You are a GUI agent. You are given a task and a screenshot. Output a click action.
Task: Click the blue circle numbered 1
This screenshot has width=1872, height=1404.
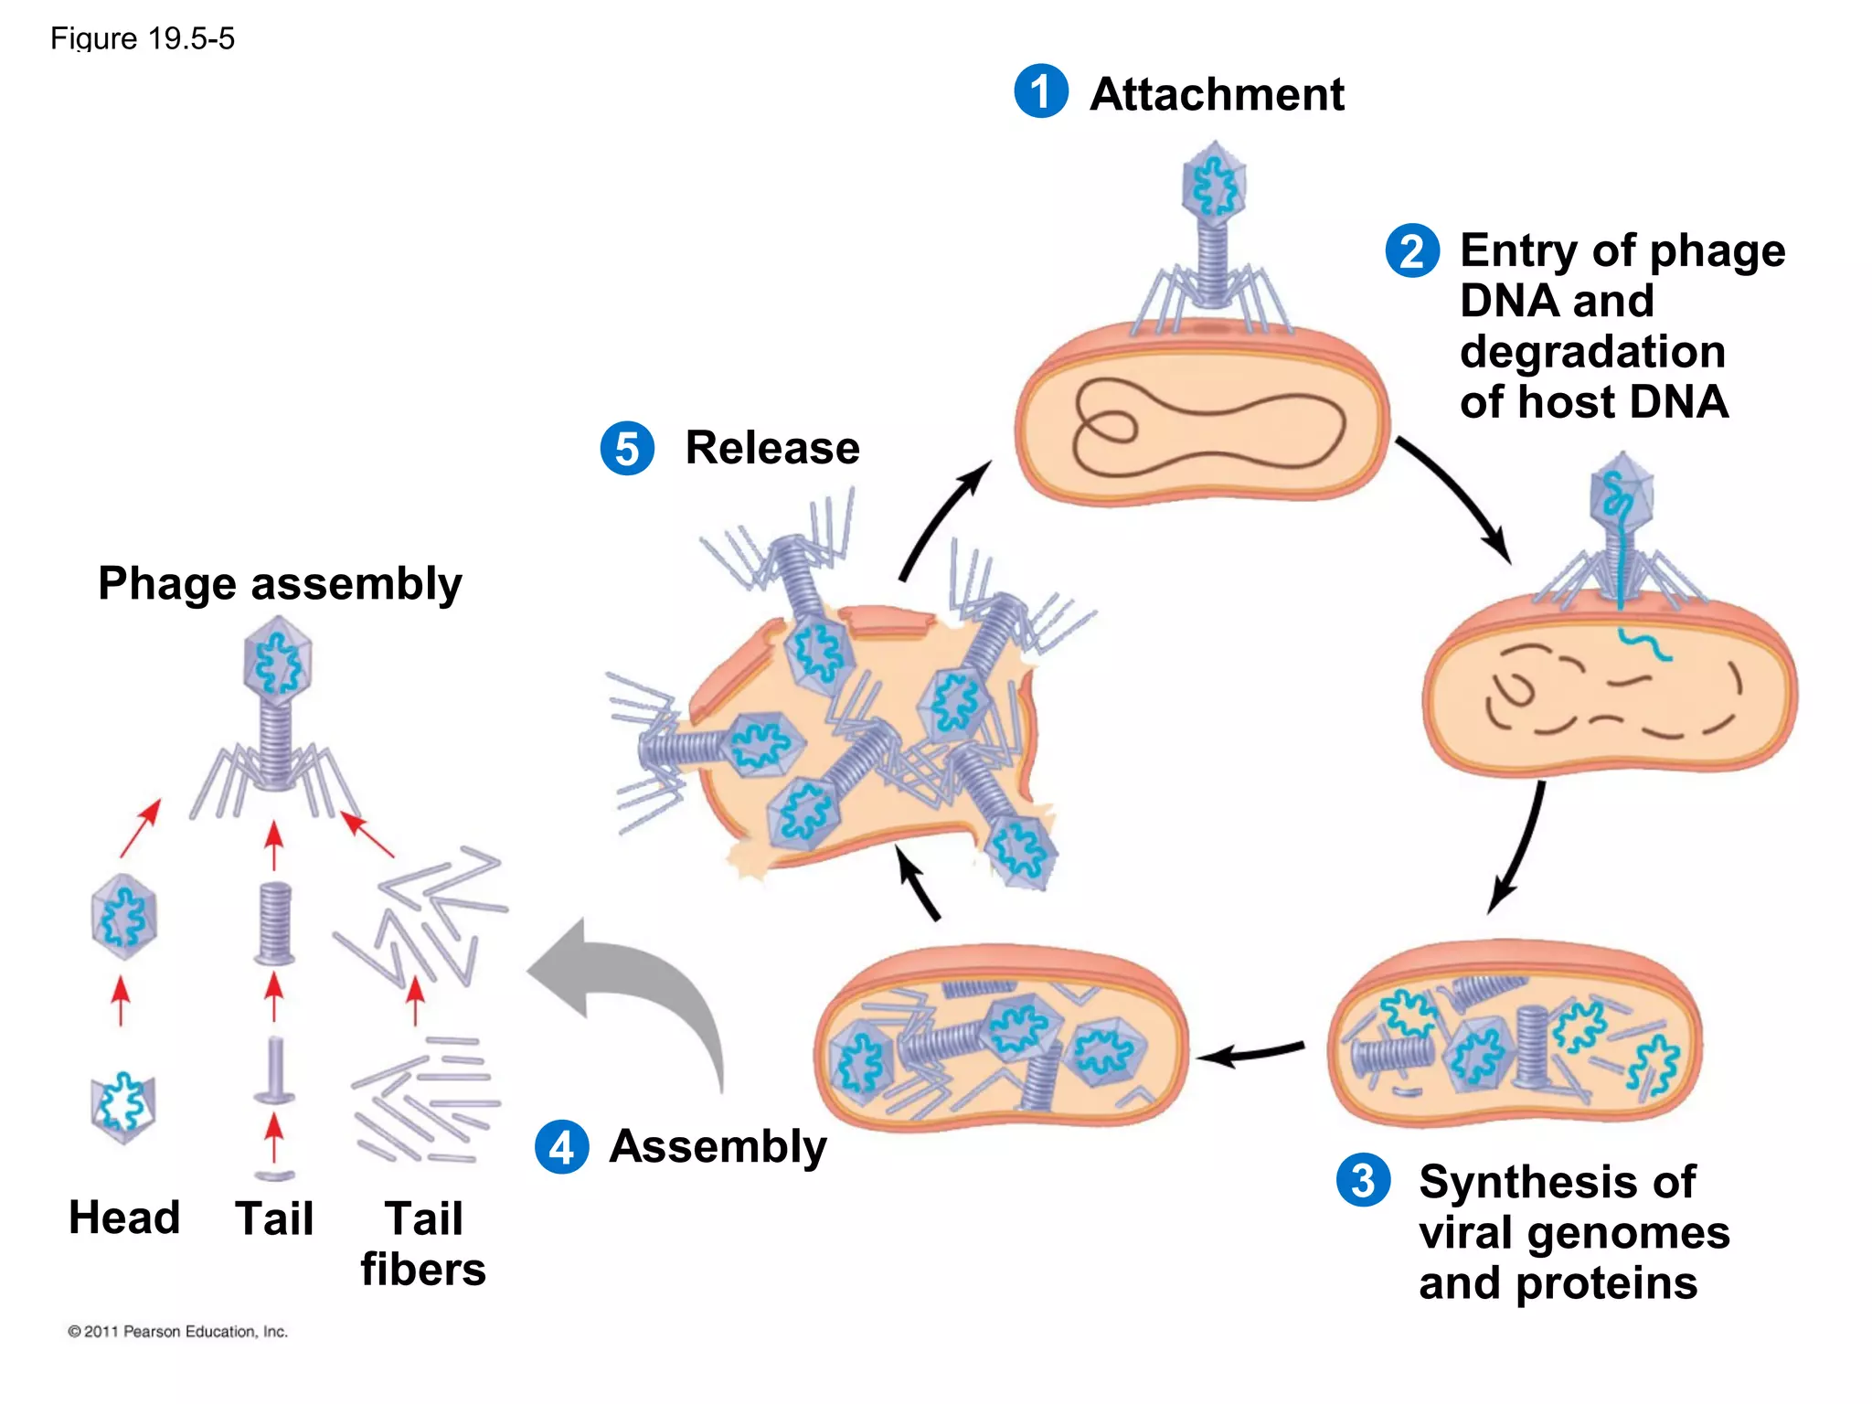click(1041, 91)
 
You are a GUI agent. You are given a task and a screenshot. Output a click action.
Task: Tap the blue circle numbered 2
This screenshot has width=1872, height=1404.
click(1412, 250)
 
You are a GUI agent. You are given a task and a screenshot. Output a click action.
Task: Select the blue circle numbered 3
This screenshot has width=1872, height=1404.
click(1363, 1180)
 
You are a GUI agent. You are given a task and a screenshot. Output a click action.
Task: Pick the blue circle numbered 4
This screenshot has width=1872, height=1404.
click(561, 1146)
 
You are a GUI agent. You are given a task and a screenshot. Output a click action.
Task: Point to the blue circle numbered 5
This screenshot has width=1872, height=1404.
click(627, 448)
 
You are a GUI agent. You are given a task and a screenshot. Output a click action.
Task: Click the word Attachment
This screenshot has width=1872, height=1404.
click(1217, 94)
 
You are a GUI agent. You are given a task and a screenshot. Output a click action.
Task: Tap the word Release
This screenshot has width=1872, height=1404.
click(772, 448)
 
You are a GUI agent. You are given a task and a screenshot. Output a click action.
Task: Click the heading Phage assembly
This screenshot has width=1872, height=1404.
click(280, 583)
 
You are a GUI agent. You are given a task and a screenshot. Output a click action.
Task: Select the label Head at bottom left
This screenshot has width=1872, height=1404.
click(124, 1218)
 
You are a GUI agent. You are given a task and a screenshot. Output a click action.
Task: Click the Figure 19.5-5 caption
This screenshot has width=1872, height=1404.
click(143, 38)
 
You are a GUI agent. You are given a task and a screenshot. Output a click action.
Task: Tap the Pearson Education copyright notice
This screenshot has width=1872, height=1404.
click(177, 1332)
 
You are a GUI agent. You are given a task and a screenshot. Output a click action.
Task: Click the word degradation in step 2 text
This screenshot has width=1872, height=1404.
click(1592, 352)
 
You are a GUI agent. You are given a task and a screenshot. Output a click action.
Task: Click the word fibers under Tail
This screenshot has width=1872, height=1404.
click(423, 1270)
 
